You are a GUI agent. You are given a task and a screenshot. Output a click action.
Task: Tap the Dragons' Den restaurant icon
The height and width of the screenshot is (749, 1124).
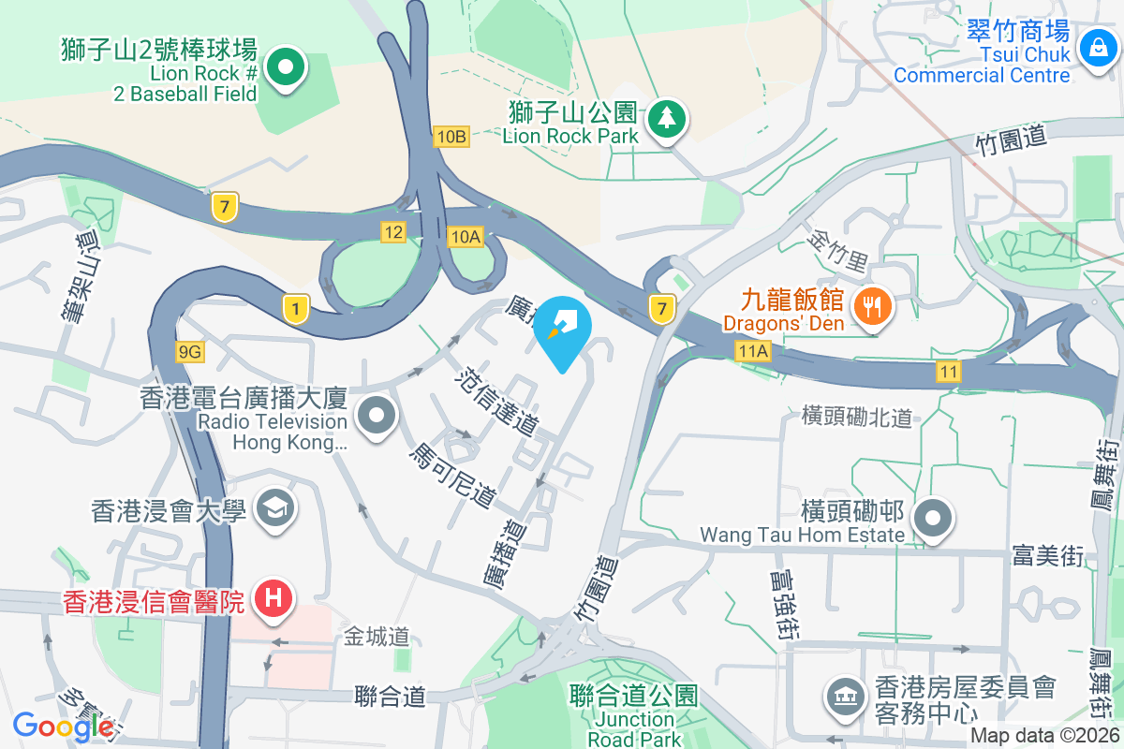pyautogui.click(x=873, y=304)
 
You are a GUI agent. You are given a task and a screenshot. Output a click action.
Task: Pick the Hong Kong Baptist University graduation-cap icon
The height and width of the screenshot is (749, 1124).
pyautogui.click(x=277, y=509)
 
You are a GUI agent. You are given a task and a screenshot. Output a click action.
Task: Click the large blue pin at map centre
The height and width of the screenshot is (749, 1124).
pyautogui.click(x=563, y=327)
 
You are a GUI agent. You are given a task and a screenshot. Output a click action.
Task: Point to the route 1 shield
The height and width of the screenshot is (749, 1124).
pyautogui.click(x=296, y=308)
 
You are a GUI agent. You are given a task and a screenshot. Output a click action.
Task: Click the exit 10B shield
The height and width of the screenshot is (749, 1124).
pyautogui.click(x=451, y=137)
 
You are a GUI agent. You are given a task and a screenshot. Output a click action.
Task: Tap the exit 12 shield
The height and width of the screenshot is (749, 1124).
pyautogui.click(x=392, y=231)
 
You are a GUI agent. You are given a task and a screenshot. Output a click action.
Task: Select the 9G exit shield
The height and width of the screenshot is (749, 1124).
pyautogui.click(x=189, y=351)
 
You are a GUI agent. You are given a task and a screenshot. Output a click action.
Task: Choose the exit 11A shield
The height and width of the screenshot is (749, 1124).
pyautogui.click(x=752, y=351)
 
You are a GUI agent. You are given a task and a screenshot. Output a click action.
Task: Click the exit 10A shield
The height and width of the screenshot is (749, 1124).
pyautogui.click(x=465, y=237)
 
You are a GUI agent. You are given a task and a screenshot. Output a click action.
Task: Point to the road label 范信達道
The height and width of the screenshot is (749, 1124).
pyautogui.click(x=496, y=402)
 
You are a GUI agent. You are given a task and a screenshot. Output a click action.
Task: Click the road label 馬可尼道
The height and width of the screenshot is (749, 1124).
pyautogui.click(x=451, y=476)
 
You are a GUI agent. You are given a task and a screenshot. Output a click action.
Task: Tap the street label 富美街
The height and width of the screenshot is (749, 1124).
pyautogui.click(x=1047, y=556)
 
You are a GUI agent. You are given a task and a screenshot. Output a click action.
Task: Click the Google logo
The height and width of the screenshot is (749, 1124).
pyautogui.click(x=63, y=726)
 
